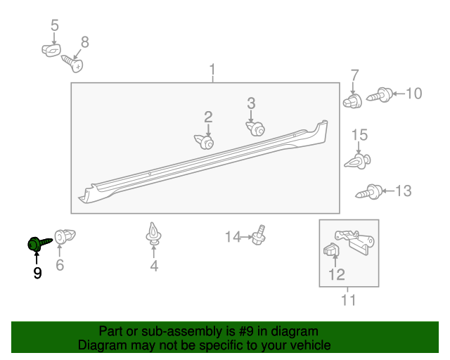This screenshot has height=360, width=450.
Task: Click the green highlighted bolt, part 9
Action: tap(36, 243)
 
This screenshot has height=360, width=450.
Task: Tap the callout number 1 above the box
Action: tap(212, 70)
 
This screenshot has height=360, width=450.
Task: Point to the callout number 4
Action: tap(153, 266)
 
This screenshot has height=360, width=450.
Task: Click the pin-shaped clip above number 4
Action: tap(153, 233)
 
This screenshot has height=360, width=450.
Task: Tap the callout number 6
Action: tap(60, 265)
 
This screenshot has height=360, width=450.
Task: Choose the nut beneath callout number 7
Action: tap(354, 101)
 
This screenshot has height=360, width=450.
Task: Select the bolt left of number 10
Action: tap(380, 94)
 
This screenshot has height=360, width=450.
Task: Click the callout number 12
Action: tap(337, 274)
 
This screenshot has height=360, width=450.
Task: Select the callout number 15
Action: tap(359, 135)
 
